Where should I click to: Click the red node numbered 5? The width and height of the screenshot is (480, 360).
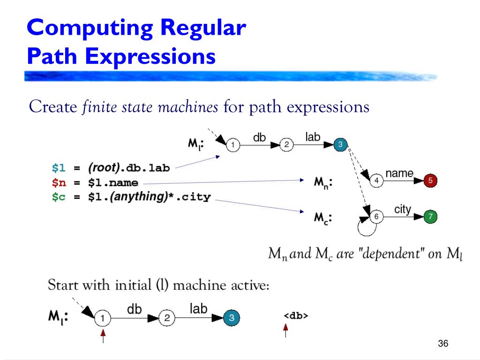pyautogui.click(x=430, y=180)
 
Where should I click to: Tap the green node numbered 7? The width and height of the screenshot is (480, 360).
pyautogui.click(x=430, y=217)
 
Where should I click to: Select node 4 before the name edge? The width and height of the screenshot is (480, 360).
pyautogui.click(x=376, y=180)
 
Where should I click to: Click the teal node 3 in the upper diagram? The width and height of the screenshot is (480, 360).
pyautogui.click(x=341, y=145)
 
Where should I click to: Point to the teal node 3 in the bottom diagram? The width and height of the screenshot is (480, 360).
pyautogui.click(x=231, y=319)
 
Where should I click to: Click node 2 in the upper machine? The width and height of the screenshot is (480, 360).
pyautogui.click(x=286, y=145)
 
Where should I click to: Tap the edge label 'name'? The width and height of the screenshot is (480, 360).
pyautogui.click(x=399, y=173)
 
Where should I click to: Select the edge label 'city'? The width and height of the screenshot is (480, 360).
pyautogui.click(x=402, y=210)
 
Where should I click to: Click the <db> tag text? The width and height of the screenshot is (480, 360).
pyautogui.click(x=296, y=316)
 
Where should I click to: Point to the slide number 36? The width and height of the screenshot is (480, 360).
pyautogui.click(x=443, y=344)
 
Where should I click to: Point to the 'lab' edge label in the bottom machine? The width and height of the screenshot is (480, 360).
pyautogui.click(x=198, y=308)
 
